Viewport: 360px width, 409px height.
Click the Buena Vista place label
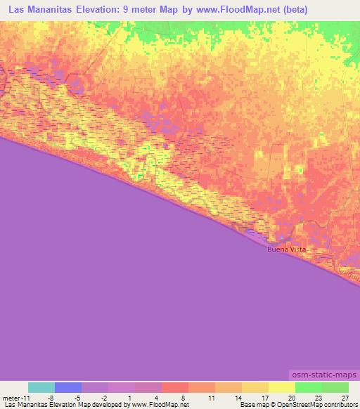tap(286, 249)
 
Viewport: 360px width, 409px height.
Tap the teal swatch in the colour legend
tap(41, 387)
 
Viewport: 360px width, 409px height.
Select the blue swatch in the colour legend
tap(68, 387)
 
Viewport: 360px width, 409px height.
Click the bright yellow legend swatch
tap(282, 387)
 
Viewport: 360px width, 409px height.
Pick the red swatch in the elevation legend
tap(175, 387)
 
